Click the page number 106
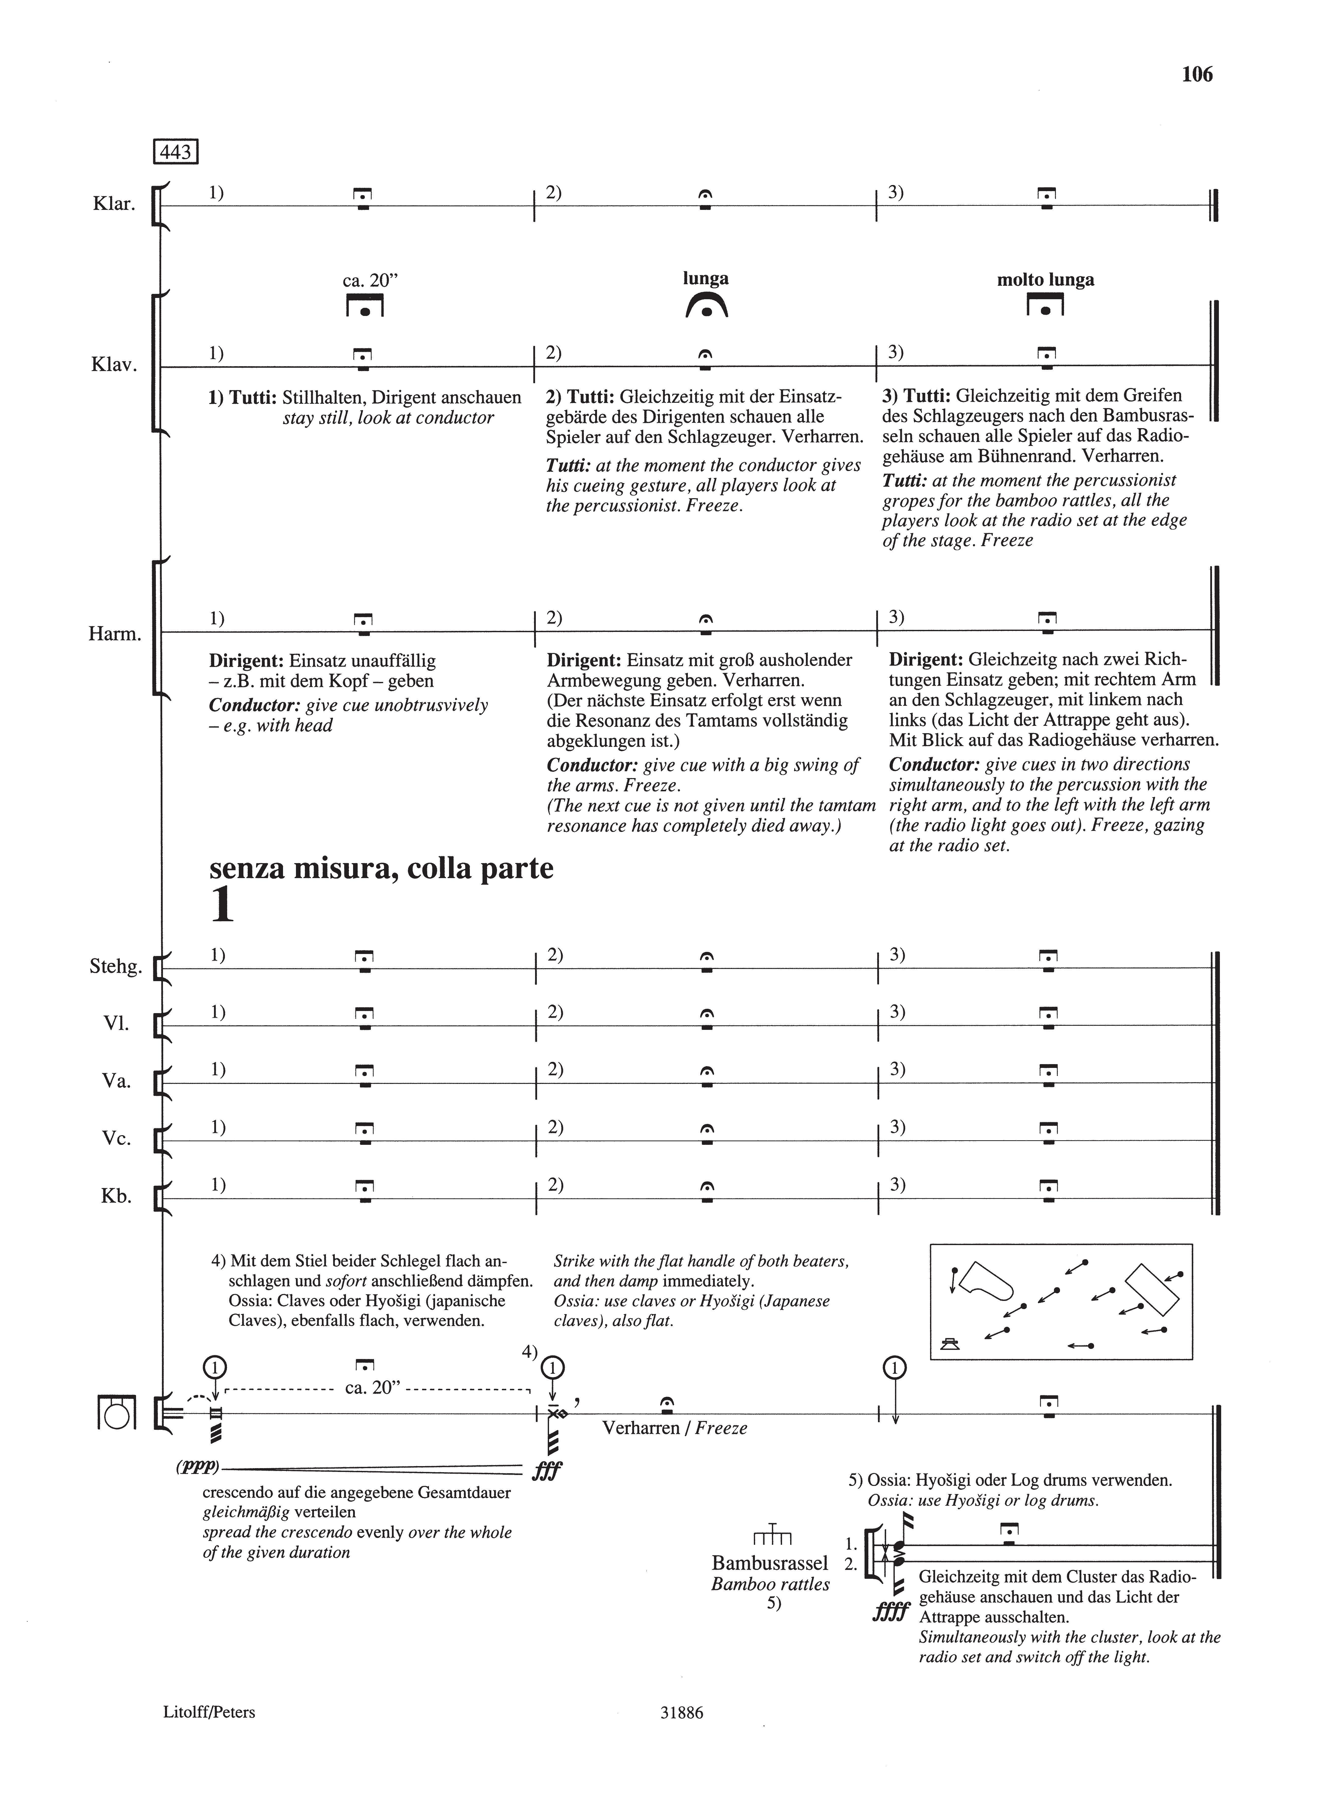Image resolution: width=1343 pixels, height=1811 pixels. tap(1197, 75)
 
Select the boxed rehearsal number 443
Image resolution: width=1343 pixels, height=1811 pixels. tap(176, 152)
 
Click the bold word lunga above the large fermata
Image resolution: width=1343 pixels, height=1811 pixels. tap(706, 279)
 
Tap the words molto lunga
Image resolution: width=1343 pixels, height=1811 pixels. tap(1046, 280)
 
